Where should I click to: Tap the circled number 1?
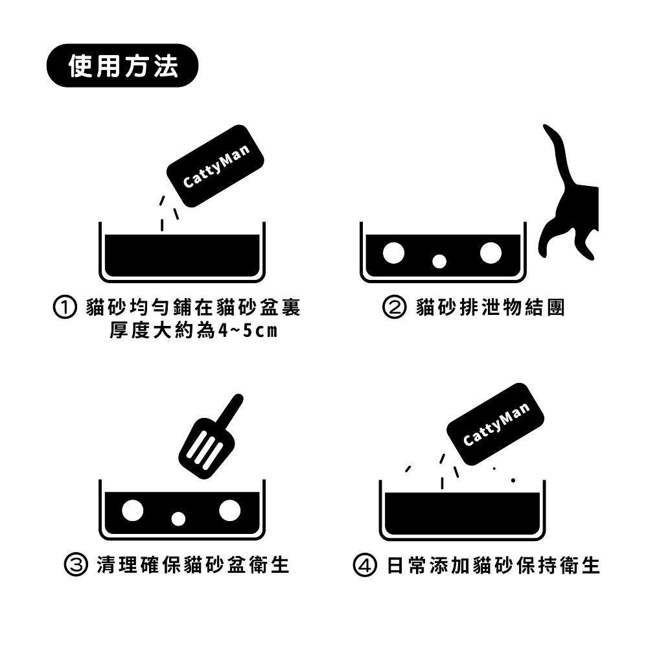tap(66, 307)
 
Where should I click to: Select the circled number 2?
tap(395, 307)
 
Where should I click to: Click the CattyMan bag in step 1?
tap(216, 166)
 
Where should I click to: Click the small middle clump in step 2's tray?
tap(439, 261)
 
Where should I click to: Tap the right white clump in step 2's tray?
tap(491, 253)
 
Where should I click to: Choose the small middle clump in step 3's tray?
tap(178, 519)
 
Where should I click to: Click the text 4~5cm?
tap(248, 331)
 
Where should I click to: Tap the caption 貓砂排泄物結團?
tap(491, 307)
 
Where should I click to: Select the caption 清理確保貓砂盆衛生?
tap(192, 565)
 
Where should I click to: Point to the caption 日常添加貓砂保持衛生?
tap(493, 565)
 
